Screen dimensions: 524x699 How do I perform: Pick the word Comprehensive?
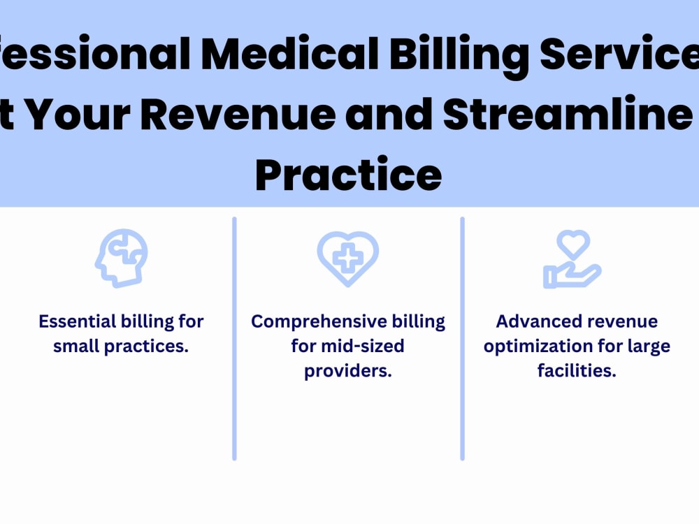pos(311,322)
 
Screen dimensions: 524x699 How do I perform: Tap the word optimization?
pos(535,347)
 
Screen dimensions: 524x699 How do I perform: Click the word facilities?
pos(577,371)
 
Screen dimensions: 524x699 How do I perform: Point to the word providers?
pos(347,371)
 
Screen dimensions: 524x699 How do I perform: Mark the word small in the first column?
pos(76,347)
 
